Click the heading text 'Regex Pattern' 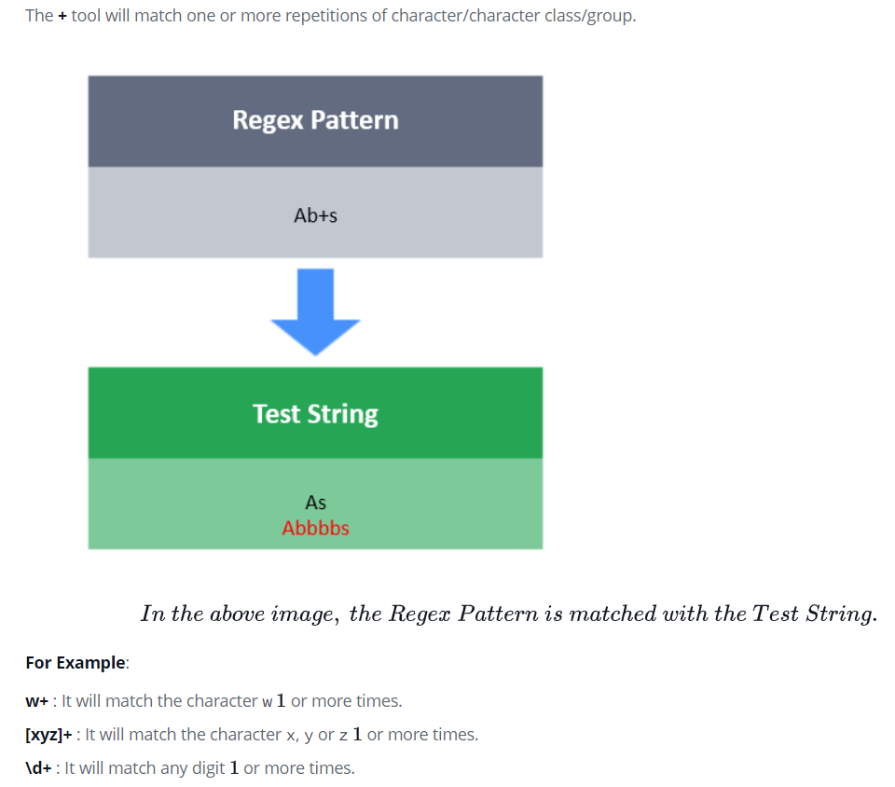[315, 120]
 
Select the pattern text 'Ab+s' [315, 215]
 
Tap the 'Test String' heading [315, 413]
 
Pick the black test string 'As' [315, 503]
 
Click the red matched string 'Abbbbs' [315, 528]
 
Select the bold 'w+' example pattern [38, 700]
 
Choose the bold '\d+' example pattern [40, 769]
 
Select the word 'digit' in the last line [203, 769]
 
